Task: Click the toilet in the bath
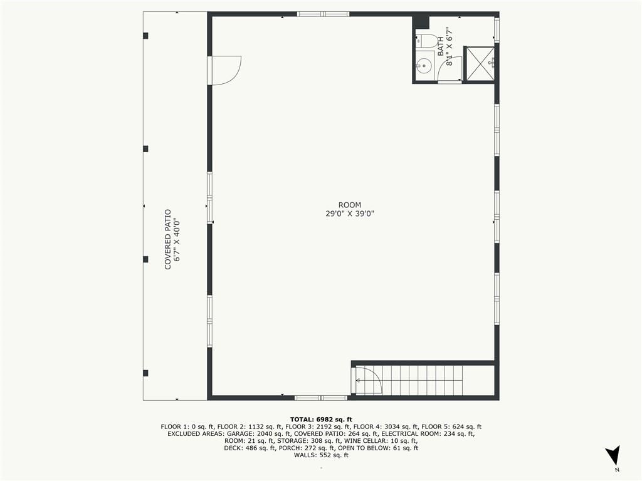coord(427,41)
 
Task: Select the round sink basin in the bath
coord(424,65)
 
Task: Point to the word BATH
coord(441,46)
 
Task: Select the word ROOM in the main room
coord(350,205)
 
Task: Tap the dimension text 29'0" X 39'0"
coord(350,214)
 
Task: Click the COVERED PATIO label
coord(168,240)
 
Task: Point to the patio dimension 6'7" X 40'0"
coord(177,240)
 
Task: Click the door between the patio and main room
coord(224,70)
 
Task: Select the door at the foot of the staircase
coord(367,380)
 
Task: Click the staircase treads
coord(422,380)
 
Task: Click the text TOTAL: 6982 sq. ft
coord(321,419)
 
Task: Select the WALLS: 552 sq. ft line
coord(321,455)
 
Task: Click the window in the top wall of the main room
coord(323,14)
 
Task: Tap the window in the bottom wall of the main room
coord(321,398)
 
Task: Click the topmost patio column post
coord(145,36)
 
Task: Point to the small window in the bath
coord(497,29)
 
